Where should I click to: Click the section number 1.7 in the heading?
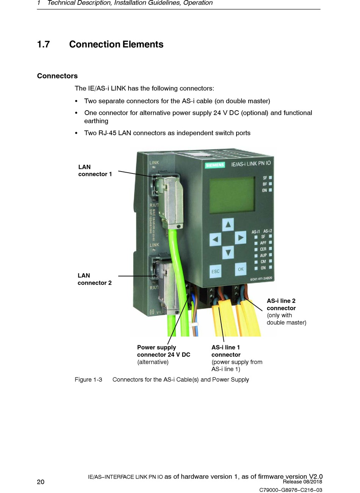coord(43,45)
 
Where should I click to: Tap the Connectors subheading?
coord(57,76)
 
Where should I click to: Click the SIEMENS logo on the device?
coord(215,165)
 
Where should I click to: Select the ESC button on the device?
coord(215,271)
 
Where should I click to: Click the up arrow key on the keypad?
coord(228,225)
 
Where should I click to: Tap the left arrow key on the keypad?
coord(215,239)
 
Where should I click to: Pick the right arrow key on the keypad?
coord(241,238)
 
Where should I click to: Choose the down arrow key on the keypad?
coord(228,252)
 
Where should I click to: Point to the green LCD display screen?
coord(232,195)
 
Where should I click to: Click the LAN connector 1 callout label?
coord(95,170)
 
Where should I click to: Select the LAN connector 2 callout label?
coord(94,279)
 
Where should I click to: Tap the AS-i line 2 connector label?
coord(281,304)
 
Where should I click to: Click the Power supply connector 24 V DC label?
coord(163,351)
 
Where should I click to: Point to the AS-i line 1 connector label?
coord(226,351)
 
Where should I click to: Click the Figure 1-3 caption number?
coord(88,379)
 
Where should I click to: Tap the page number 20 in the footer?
coord(41,482)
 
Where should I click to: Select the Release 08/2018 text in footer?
coord(302,482)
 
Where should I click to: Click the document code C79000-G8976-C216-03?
coord(291,490)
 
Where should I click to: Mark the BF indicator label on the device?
coord(265,184)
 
